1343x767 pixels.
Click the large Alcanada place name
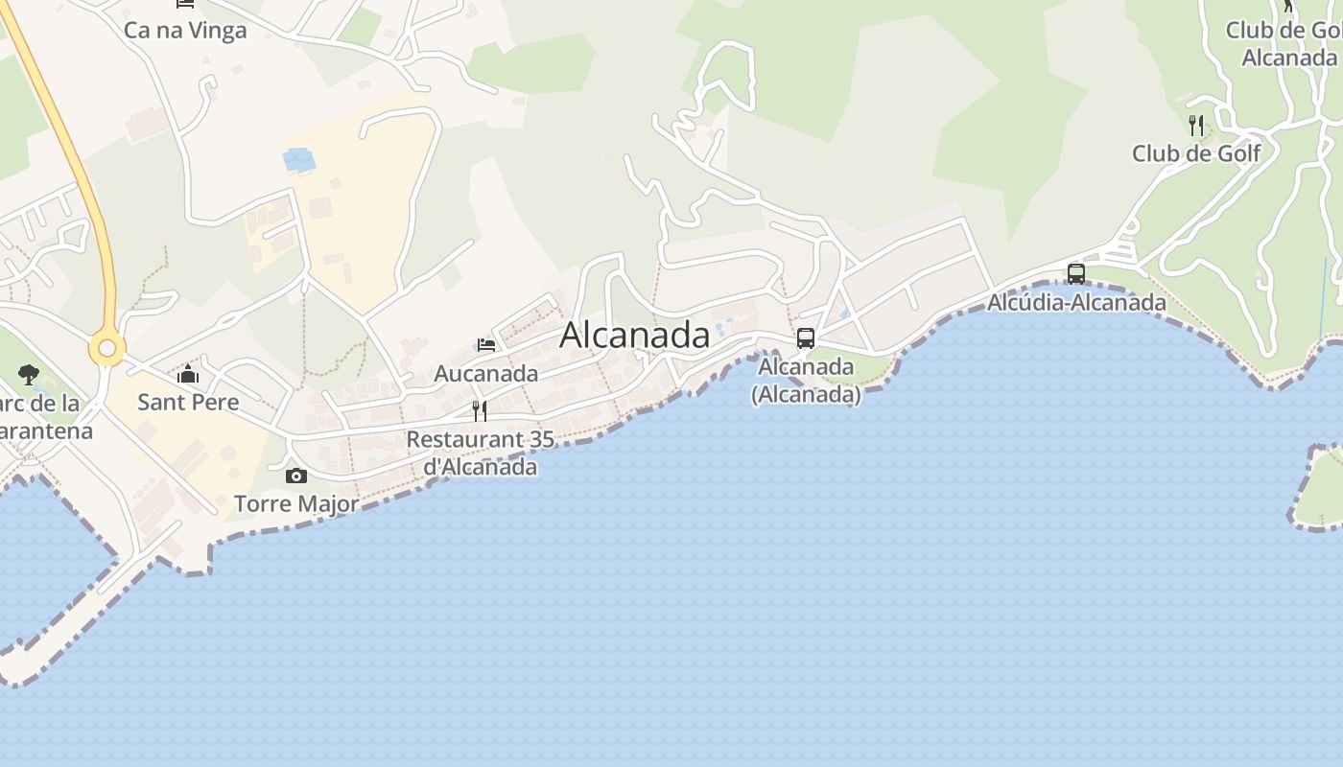(634, 335)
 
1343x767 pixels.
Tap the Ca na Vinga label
(185, 30)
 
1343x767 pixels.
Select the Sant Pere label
(188, 401)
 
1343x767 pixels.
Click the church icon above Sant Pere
(188, 374)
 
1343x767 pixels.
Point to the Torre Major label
(296, 503)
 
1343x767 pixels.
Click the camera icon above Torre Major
(296, 476)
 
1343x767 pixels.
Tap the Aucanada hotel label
(486, 373)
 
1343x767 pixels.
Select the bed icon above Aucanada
(486, 345)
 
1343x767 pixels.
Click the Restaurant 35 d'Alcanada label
(481, 453)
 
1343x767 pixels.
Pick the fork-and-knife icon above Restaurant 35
(480, 411)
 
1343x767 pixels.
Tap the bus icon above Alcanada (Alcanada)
(806, 338)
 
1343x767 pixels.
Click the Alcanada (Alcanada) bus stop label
(806, 380)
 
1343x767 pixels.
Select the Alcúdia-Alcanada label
(1077, 303)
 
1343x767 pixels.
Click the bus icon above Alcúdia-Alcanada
(1076, 274)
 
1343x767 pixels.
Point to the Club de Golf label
(1196, 153)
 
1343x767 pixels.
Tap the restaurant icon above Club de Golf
(1196, 125)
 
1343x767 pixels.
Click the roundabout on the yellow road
(106, 349)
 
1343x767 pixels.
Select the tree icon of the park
(29, 375)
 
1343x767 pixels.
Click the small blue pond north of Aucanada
(299, 159)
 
